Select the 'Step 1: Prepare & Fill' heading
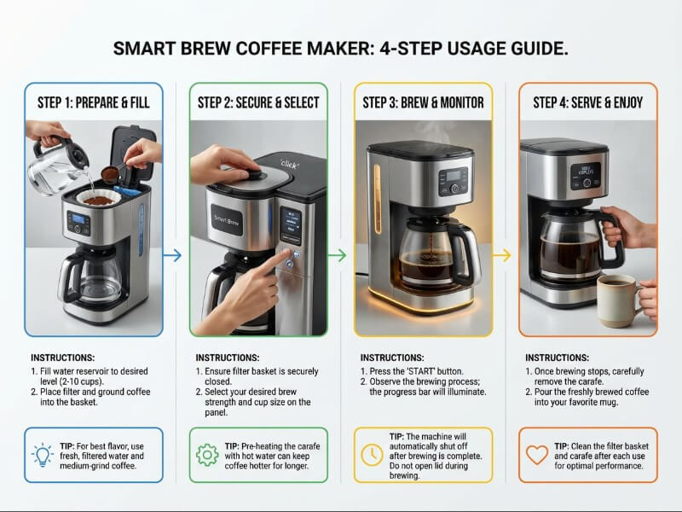point(94,102)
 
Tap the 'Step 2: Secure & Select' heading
point(258,102)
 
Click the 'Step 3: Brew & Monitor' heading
point(423,102)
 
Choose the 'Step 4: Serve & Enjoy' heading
point(587,102)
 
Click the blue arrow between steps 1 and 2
point(172,255)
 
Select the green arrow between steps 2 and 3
point(338,255)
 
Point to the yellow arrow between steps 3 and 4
point(502,255)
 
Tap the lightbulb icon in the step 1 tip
point(43,454)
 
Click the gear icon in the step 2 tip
point(207,455)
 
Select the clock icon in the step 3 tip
point(372,455)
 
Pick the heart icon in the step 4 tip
point(536,455)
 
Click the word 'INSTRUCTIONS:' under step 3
point(389,357)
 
